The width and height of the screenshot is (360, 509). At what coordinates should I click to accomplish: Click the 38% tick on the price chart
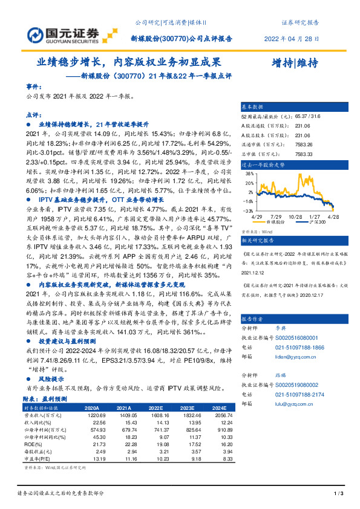click(x=249, y=173)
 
